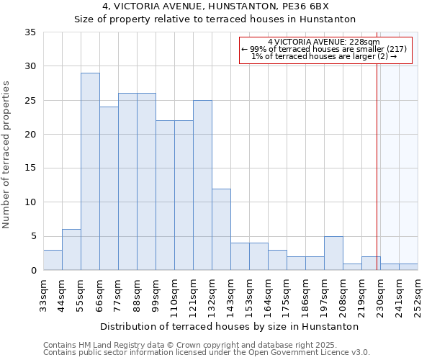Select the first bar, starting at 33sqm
pos(53,260)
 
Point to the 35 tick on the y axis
pos(30,32)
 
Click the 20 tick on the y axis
pos(30,135)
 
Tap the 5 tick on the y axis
pos(33,236)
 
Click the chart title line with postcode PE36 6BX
pos(215,6)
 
